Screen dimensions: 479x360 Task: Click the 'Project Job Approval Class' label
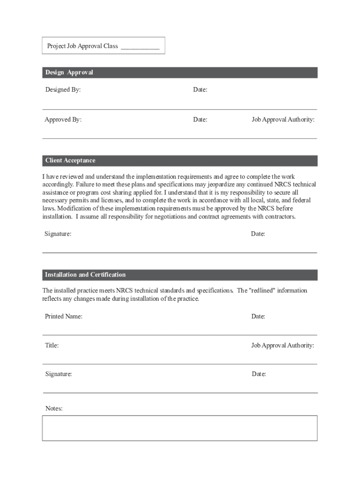[82, 46]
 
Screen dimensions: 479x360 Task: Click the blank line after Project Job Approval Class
[140, 47]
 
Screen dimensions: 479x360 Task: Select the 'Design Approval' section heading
[69, 73]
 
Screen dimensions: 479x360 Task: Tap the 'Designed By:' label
[63, 89]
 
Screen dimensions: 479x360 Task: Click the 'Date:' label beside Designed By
[200, 89]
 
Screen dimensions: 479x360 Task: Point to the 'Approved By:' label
[63, 120]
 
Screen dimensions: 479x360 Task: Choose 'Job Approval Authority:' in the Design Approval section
[283, 120]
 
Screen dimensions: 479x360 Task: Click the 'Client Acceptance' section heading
[70, 160]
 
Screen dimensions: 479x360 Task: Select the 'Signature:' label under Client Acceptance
[58, 234]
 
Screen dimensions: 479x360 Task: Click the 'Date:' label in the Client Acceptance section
[258, 234]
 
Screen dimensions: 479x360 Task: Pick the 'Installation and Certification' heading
[85, 275]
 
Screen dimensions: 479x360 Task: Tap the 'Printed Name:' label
[64, 317]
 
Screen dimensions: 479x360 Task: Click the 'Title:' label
[51, 346]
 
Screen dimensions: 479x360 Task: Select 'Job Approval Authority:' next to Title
[282, 346]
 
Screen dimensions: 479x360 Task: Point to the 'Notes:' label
[54, 409]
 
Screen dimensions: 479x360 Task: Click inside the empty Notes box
[180, 428]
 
